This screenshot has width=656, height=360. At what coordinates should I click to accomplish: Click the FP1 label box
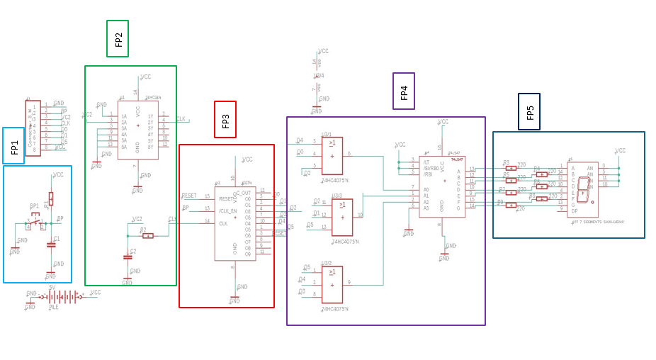[x=13, y=146]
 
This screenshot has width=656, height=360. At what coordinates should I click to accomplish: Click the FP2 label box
[x=118, y=39]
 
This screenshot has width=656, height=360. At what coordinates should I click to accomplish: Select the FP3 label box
[x=225, y=120]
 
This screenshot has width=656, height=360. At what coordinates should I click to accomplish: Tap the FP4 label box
[x=404, y=91]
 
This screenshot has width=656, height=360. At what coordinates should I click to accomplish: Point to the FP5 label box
[x=529, y=112]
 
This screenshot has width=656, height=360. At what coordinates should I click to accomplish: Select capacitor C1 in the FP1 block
[x=51, y=244]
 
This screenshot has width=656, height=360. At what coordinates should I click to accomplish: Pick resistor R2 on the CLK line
[x=147, y=235]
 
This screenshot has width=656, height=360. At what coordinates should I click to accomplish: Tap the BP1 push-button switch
[x=35, y=223]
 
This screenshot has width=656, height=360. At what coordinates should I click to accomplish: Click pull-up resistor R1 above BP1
[x=51, y=198]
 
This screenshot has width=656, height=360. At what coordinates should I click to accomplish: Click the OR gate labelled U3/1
[x=332, y=156]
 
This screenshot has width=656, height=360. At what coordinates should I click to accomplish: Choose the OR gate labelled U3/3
[x=342, y=217]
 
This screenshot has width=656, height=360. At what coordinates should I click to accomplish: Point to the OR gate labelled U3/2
[x=332, y=284]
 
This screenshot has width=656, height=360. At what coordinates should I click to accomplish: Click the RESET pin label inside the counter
[x=227, y=199]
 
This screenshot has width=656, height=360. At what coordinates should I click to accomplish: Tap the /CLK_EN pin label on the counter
[x=227, y=210]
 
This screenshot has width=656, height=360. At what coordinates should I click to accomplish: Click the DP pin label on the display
[x=575, y=210]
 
